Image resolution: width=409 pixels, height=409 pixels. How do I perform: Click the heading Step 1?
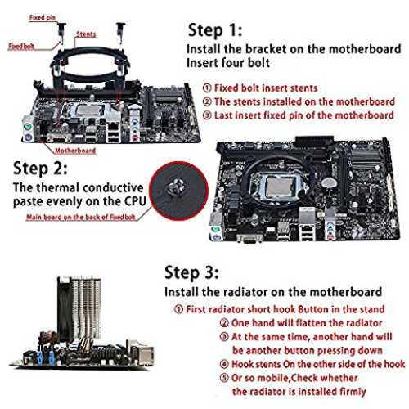click(215, 30)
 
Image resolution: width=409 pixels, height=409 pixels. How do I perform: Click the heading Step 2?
click(40, 168)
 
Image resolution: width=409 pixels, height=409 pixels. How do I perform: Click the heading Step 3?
click(191, 272)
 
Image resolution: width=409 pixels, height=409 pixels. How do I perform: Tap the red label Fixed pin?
click(43, 18)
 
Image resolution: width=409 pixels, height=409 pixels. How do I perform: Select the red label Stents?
click(86, 34)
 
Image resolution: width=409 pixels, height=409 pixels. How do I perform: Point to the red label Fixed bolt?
click(21, 47)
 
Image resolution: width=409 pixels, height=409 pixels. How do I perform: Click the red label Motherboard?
click(75, 151)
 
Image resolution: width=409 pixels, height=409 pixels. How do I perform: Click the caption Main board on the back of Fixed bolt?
click(81, 217)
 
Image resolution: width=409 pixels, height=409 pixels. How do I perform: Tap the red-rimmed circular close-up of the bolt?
click(178, 191)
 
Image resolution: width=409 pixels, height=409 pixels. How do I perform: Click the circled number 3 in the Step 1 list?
click(207, 115)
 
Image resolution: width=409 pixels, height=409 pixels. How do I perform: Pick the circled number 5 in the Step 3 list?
click(224, 378)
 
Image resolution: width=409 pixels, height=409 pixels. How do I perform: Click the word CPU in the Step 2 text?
click(135, 201)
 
